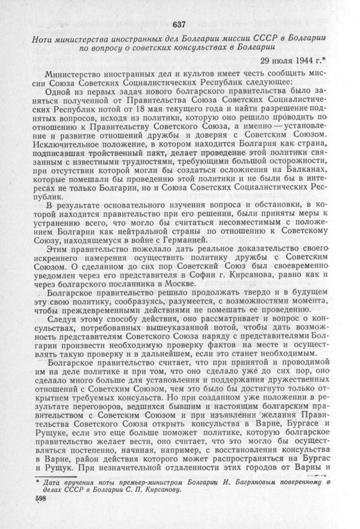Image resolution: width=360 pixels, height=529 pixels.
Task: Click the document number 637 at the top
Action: pos(179,24)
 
